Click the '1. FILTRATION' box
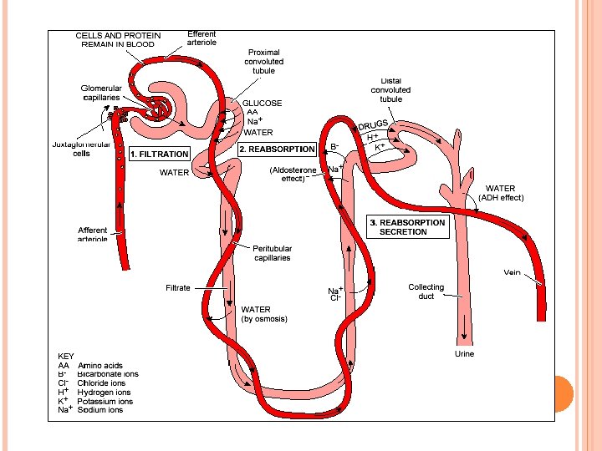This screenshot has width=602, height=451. (159, 154)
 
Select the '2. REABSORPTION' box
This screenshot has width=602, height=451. (277, 149)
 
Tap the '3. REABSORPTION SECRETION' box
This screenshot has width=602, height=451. (408, 227)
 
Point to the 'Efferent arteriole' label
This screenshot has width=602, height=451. (202, 38)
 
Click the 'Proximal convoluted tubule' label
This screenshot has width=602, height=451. (263, 61)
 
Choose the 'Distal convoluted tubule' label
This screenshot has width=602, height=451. (390, 90)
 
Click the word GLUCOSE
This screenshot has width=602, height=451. (262, 104)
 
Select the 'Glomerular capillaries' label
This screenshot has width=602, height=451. (100, 92)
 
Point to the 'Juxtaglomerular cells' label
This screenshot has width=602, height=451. (82, 148)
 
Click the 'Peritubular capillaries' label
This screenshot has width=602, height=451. (272, 253)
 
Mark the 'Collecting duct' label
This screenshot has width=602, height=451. (426, 291)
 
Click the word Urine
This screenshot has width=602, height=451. (464, 354)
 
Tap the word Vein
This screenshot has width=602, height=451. (512, 272)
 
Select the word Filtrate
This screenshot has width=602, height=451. (177, 288)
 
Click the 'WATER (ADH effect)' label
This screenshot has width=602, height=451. (501, 194)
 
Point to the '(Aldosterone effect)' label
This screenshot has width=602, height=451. (293, 174)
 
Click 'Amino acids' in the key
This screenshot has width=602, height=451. (100, 366)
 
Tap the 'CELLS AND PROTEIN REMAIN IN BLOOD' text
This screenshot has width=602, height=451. (118, 39)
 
